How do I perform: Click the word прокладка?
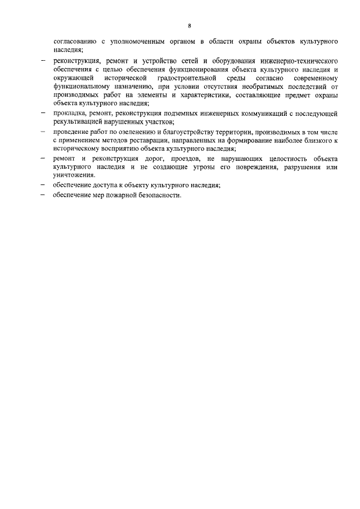coord(70,114)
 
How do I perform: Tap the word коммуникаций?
coord(262,114)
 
